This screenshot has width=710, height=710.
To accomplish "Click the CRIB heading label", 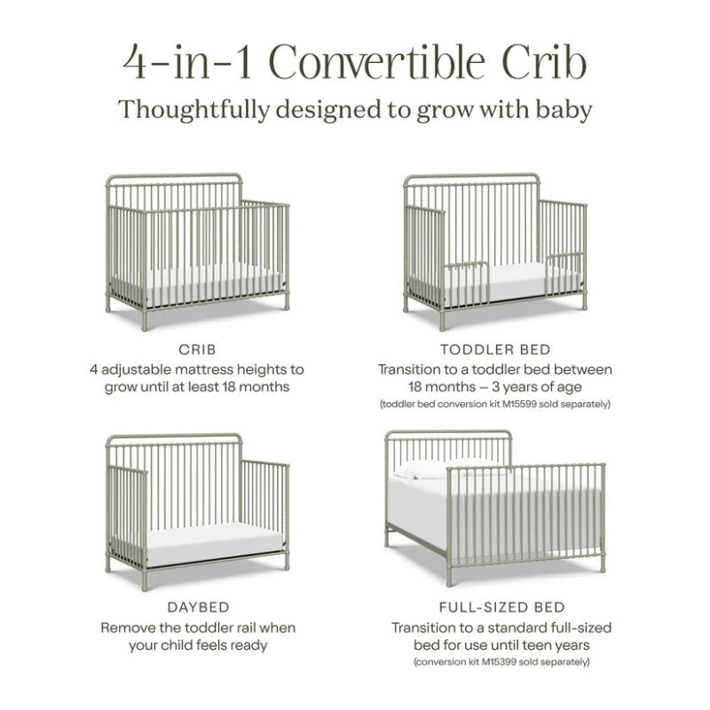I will (x=197, y=350).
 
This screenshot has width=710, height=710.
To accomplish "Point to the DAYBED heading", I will (x=197, y=608).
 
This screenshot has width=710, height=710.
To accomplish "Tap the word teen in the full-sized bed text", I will (x=539, y=645).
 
